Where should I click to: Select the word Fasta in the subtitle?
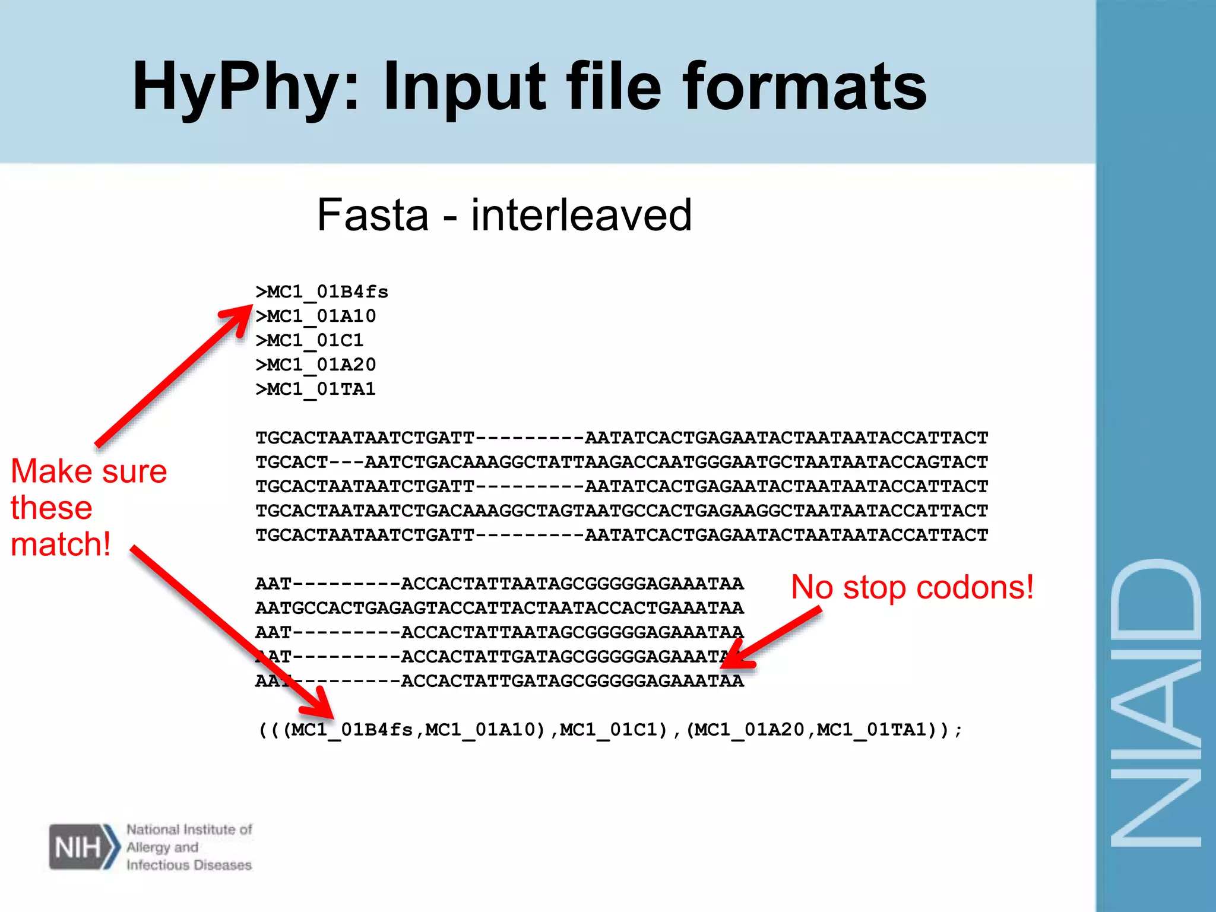[x=373, y=215]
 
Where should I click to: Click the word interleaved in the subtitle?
[x=581, y=215]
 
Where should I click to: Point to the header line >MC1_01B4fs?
[x=322, y=292]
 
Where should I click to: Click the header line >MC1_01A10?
[x=316, y=316]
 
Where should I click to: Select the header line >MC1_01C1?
[x=309, y=341]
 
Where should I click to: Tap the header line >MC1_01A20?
[x=316, y=365]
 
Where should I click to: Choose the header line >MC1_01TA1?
[x=316, y=389]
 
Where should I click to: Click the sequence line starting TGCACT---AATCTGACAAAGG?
[x=622, y=463]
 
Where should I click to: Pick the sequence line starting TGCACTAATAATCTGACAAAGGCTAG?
[x=622, y=511]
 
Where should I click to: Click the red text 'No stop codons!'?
[x=913, y=587]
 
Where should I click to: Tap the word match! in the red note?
[x=61, y=544]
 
